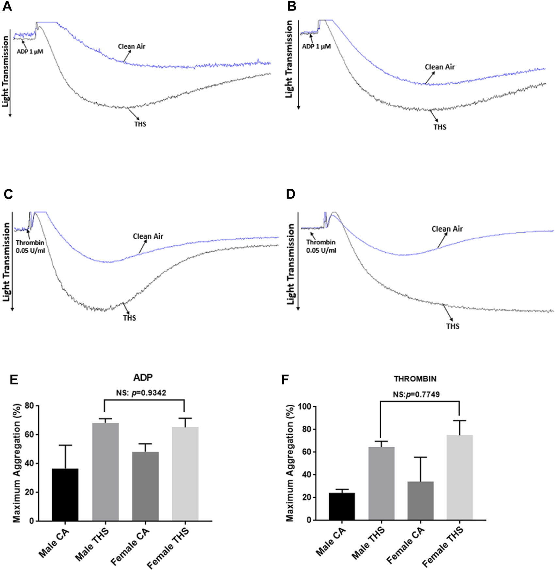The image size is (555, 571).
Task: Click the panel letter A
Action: [7, 6]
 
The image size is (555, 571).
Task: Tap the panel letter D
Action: [290, 194]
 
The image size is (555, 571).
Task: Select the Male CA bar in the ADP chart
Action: [65, 495]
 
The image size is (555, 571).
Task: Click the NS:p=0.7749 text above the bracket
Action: [416, 395]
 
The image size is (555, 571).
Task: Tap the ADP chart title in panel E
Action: [143, 378]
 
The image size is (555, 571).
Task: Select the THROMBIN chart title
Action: [415, 379]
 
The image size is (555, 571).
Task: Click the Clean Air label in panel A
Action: [132, 46]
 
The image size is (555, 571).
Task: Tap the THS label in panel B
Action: [440, 127]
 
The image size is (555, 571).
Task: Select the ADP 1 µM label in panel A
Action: [30, 51]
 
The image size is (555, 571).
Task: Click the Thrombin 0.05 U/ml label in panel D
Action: [321, 246]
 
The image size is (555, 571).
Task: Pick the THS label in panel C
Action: [129, 318]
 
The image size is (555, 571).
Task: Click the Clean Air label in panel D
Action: [447, 229]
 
